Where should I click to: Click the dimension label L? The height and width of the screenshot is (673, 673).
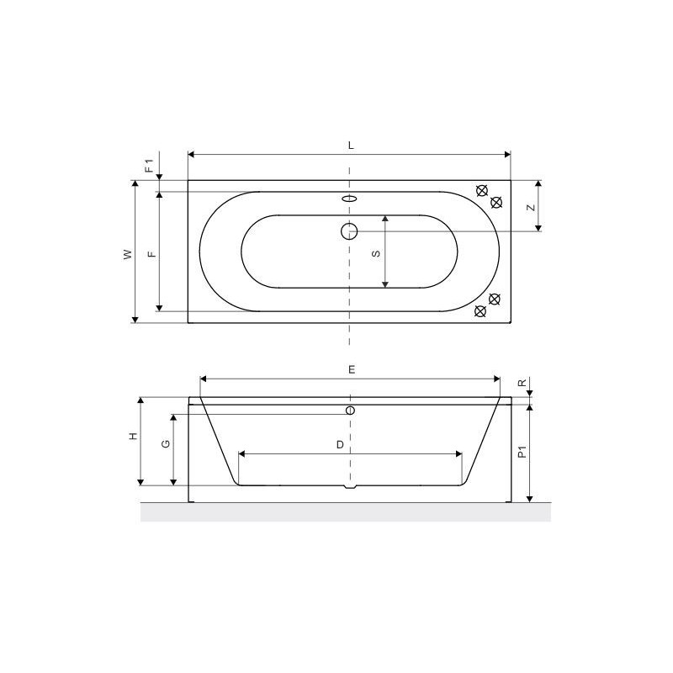point(351,146)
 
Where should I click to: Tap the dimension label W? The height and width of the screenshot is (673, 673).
point(128,255)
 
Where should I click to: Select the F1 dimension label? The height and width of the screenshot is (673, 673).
point(149,166)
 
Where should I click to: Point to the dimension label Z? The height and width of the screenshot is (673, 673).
point(532,208)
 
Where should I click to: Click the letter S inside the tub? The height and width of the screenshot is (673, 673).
point(376,254)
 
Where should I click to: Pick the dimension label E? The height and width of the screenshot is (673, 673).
point(352,369)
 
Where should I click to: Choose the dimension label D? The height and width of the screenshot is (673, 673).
point(340,445)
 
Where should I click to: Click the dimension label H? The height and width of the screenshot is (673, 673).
point(134,436)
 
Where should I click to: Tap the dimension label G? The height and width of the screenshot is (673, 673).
point(166,444)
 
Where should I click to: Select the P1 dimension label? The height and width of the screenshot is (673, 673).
point(522,452)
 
